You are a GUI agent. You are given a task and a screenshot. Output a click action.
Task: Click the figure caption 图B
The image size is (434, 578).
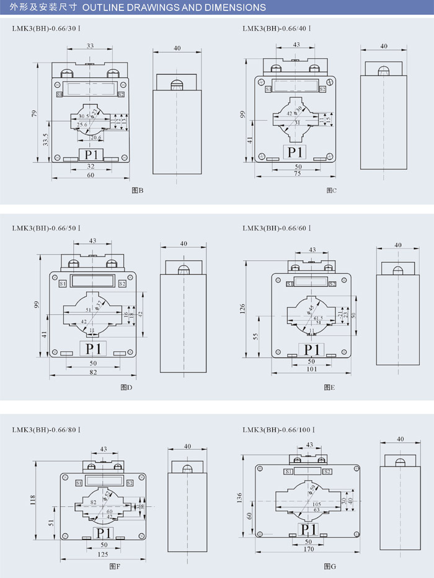[x=138, y=190]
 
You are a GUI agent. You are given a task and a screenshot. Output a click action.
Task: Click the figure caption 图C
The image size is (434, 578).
[x=331, y=190]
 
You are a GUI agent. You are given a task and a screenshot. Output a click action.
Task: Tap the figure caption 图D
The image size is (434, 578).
[x=126, y=388]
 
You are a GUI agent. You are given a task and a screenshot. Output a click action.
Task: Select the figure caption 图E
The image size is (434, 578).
[x=329, y=388]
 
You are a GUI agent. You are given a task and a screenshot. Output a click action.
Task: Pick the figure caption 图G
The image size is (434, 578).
[x=330, y=566]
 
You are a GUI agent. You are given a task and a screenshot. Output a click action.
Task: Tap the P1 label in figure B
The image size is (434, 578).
[x=92, y=154]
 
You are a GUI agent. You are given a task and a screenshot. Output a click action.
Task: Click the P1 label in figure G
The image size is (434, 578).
[x=309, y=529]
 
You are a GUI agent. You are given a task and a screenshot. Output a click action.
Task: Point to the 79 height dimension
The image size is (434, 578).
[x=35, y=114]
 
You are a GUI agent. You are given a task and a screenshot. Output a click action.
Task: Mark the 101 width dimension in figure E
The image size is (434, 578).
[x=311, y=369]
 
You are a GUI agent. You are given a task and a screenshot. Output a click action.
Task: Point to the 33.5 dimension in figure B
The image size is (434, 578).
[x=45, y=139]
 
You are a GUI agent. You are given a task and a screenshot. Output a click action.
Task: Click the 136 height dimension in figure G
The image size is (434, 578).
[x=240, y=497]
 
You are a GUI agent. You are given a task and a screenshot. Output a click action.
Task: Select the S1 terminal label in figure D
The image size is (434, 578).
[x=63, y=284]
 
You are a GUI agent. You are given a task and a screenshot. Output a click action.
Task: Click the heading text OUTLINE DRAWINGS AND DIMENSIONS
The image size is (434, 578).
[x=174, y=7]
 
